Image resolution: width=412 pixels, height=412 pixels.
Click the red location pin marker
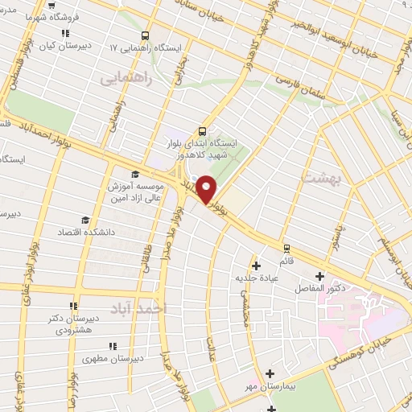tap(207, 188)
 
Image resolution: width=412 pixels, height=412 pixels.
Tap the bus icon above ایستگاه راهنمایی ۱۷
tap(146, 36)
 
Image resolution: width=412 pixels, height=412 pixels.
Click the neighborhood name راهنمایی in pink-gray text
tap(126, 79)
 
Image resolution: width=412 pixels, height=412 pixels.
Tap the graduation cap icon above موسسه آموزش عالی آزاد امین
tap(134, 174)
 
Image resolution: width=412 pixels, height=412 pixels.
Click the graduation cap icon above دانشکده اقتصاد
tap(84, 220)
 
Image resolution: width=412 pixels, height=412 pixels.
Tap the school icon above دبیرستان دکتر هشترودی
tap(73, 306)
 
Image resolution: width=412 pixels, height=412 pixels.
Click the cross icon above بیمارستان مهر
tap(270, 373)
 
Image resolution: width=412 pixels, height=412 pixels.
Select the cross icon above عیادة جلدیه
tap(256, 266)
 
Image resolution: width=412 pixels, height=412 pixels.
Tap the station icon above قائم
tap(286, 248)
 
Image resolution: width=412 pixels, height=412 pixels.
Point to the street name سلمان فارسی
tap(299, 81)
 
